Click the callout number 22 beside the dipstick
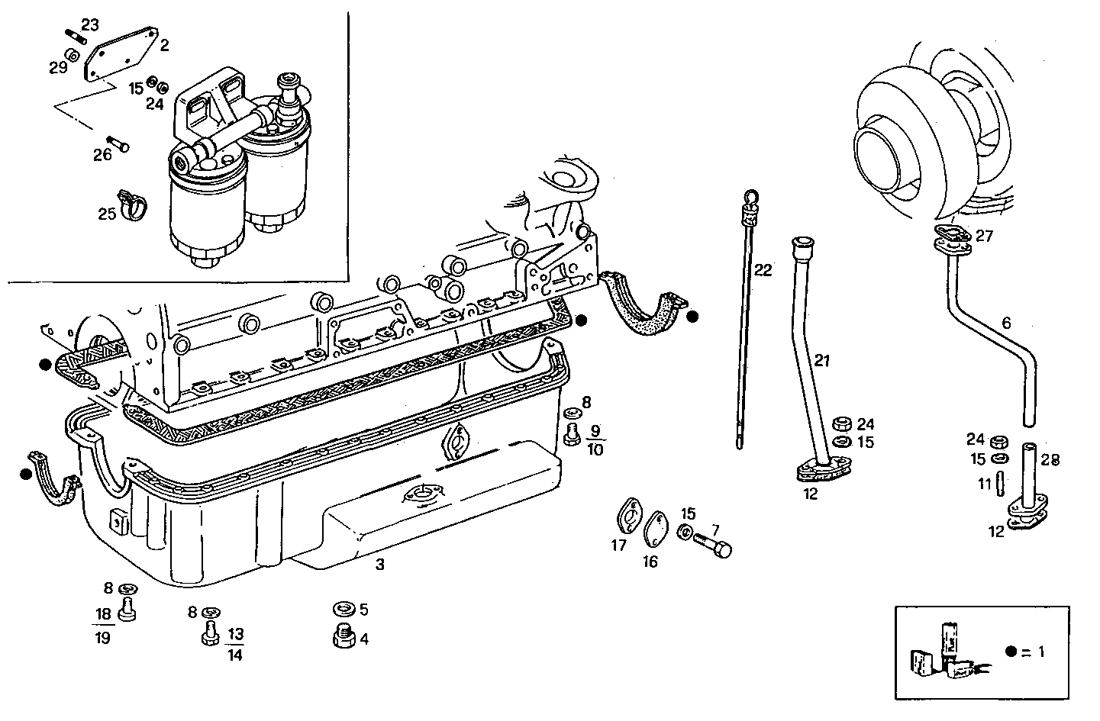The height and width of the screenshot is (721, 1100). point(763,269)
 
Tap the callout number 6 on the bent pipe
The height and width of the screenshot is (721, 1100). point(1006,323)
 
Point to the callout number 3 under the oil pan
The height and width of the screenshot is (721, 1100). point(379,565)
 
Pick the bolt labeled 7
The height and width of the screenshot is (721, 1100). point(713,546)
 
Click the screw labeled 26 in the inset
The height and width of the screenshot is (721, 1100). point(117,142)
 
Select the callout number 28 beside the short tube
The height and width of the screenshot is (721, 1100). point(1050,460)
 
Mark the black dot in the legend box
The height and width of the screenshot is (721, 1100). point(1011,652)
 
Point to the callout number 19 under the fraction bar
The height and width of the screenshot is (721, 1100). point(102,638)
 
